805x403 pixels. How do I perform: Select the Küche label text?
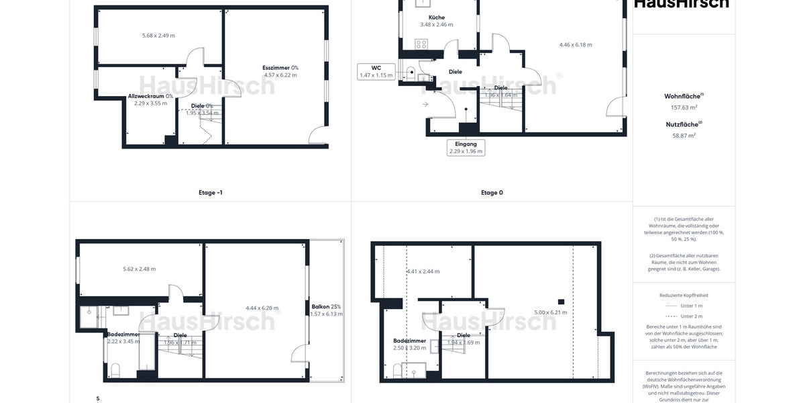[x=437, y=17]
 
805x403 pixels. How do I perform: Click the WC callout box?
[x=376, y=71]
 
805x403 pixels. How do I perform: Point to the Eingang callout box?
[x=466, y=147]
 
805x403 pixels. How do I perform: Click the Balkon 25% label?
[x=326, y=307]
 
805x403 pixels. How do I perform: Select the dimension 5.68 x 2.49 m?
[x=158, y=35]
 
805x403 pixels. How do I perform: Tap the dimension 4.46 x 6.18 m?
[x=576, y=45]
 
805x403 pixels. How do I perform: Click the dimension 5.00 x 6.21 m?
[x=550, y=312]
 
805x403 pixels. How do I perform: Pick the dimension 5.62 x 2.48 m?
[x=140, y=269]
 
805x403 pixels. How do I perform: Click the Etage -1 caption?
[x=211, y=193]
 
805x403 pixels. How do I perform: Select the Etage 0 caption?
[x=492, y=193]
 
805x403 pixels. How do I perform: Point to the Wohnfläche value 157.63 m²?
[x=684, y=107]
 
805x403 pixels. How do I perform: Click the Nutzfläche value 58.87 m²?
[x=684, y=135]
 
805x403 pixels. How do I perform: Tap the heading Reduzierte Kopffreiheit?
[x=684, y=295]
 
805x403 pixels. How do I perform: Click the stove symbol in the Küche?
[x=421, y=44]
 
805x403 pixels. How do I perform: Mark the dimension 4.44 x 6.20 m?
[x=261, y=308]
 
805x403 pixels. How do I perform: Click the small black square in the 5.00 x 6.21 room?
[x=561, y=302]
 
